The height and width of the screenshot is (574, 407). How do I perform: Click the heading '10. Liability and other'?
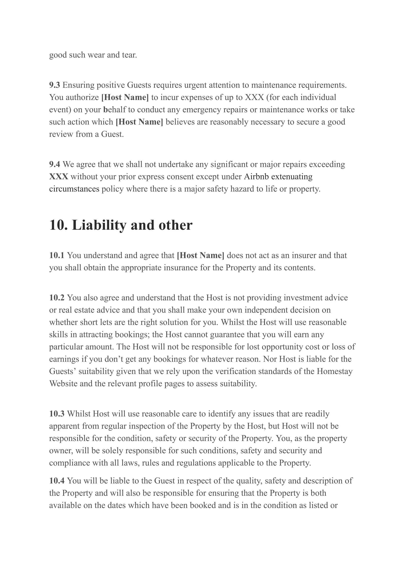tap(120, 225)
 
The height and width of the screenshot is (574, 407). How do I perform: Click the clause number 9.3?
tap(54, 85)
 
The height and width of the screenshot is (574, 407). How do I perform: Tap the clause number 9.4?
tap(54, 164)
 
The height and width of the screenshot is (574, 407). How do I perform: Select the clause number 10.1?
tap(57, 255)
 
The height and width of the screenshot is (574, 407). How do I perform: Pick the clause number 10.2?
tap(57, 298)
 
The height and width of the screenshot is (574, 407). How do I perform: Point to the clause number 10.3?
tap(57, 414)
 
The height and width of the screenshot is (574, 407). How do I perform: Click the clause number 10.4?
tap(57, 481)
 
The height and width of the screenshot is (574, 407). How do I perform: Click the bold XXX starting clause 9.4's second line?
tap(59, 177)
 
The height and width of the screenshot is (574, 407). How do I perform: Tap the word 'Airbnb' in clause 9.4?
tap(256, 177)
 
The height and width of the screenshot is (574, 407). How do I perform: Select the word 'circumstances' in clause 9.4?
tap(74, 189)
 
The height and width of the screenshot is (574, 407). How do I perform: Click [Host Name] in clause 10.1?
tap(201, 255)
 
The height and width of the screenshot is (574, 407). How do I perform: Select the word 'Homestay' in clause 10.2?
tap(334, 371)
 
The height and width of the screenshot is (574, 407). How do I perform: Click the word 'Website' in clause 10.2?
tap(63, 384)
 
